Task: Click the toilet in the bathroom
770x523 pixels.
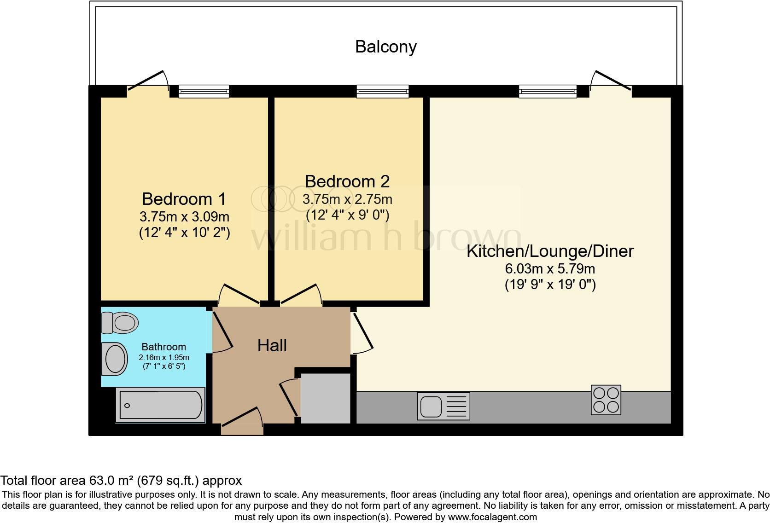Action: [x=120, y=322]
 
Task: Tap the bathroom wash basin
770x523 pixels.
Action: [x=115, y=359]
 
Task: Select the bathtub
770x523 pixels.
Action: [x=160, y=406]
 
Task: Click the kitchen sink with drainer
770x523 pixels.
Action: [x=443, y=406]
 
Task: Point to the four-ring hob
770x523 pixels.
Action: [x=606, y=400]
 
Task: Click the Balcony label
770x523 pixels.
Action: [x=385, y=47]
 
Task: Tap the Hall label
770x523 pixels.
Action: [x=272, y=345]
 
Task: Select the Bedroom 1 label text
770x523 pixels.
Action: [x=184, y=199]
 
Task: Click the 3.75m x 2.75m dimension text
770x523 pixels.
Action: [x=347, y=199]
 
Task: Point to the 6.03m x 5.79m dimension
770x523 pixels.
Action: [x=550, y=268]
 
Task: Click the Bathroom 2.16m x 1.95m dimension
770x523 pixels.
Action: [x=164, y=357]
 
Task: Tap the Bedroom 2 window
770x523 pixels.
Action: [x=382, y=91]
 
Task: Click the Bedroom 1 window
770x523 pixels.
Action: [x=204, y=91]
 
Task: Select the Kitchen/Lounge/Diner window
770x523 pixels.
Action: [x=547, y=91]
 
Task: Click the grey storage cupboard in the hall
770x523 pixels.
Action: [x=326, y=398]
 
